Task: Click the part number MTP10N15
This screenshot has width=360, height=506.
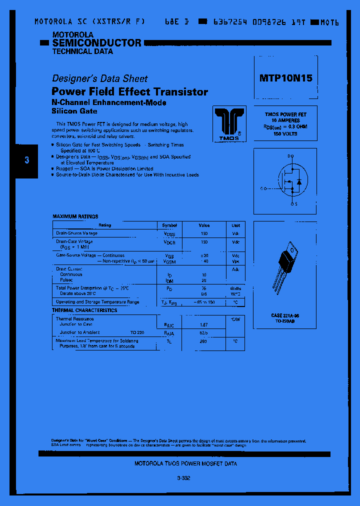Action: point(286,78)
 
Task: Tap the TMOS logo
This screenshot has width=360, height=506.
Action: point(229,122)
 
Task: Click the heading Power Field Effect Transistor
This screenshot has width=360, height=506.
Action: point(130,92)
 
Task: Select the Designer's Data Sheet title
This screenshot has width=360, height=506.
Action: point(100,78)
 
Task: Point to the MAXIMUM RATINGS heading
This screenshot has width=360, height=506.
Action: point(75,216)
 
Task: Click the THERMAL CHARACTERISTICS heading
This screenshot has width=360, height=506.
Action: point(84,310)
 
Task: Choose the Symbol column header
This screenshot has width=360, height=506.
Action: point(169,225)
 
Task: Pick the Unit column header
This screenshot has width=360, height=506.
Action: point(235,225)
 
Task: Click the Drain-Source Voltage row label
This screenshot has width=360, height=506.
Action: point(76,233)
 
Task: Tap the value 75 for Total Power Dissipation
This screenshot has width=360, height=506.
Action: point(204,288)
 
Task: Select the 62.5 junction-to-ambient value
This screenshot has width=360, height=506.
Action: point(204,332)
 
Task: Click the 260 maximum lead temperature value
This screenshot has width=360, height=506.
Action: point(204,341)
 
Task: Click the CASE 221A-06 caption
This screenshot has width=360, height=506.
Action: point(285,316)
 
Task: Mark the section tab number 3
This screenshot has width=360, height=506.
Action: point(27,160)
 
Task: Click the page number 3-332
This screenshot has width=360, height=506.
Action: point(183,478)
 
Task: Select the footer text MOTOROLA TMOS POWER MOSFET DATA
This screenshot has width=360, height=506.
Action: point(186,463)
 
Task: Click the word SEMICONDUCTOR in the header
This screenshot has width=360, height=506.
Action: point(97,43)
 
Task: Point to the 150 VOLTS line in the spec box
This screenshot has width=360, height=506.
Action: point(285,134)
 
